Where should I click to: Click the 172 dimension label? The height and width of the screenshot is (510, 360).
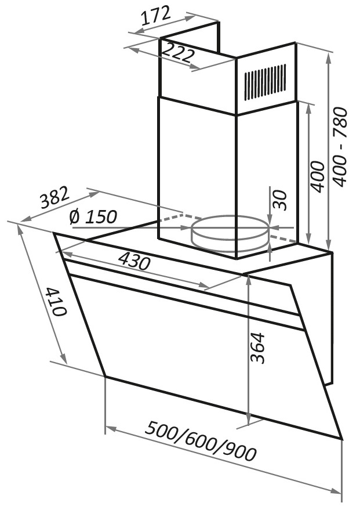pyautogui.click(x=157, y=16)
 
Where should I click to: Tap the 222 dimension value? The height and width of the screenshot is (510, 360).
pyautogui.click(x=177, y=52)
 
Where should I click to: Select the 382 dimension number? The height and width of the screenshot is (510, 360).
pyautogui.click(x=54, y=197)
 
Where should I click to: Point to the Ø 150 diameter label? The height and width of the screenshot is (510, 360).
pyautogui.click(x=93, y=216)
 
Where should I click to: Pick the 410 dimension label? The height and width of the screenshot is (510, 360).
pyautogui.click(x=56, y=301)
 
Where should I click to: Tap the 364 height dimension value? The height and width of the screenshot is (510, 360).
pyautogui.click(x=259, y=348)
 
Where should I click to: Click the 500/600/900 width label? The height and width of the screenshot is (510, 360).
pyautogui.click(x=201, y=441)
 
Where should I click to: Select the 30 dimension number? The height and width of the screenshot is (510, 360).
pyautogui.click(x=280, y=200)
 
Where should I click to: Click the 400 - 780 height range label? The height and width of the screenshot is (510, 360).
pyautogui.click(x=340, y=147)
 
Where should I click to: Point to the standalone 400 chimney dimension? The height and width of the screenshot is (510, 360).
pyautogui.click(x=317, y=176)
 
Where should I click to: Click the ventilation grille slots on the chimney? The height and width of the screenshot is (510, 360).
pyautogui.click(x=266, y=82)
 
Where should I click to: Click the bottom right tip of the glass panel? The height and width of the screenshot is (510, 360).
pyautogui.click(x=343, y=439)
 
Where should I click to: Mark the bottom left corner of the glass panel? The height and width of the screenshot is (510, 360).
pyautogui.click(x=106, y=377)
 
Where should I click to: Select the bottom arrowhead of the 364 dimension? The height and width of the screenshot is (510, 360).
pyautogui.click(x=249, y=419)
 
